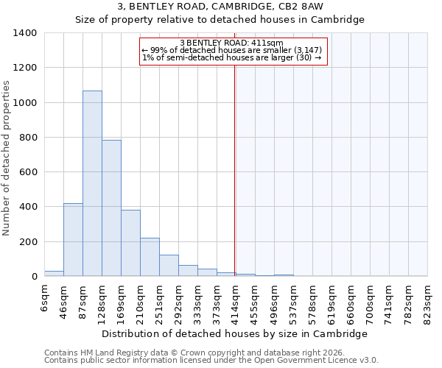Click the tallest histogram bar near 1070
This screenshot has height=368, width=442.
coord(92,183)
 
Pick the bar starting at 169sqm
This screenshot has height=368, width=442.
coord(130,243)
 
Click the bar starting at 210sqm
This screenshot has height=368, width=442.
coord(150,257)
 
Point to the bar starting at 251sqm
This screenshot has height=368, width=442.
coord(169,266)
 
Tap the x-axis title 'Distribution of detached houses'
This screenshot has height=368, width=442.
coord(234,334)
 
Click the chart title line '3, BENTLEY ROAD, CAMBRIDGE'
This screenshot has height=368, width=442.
coord(220,7)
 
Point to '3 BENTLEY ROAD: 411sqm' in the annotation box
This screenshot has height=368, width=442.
coord(231,43)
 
